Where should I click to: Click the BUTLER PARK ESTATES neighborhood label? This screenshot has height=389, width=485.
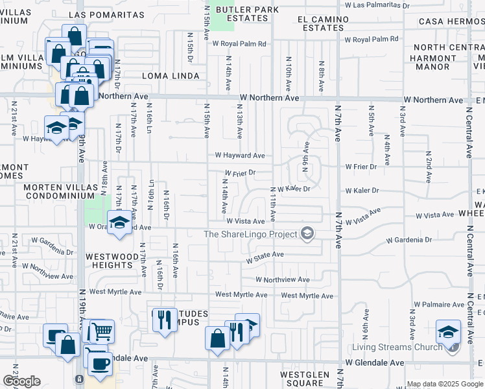[247, 14]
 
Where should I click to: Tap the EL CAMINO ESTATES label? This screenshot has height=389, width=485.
[320, 24]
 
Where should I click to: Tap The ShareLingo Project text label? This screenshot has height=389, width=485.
[250, 234]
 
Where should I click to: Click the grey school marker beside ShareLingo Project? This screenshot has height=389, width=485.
[307, 234]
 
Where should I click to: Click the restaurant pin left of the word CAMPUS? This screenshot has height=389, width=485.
[164, 319]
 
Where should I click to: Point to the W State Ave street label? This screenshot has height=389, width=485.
[265, 255]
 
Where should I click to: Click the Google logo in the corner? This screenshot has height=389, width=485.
[21, 381]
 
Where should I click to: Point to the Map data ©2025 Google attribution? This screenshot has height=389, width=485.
[444, 384]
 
